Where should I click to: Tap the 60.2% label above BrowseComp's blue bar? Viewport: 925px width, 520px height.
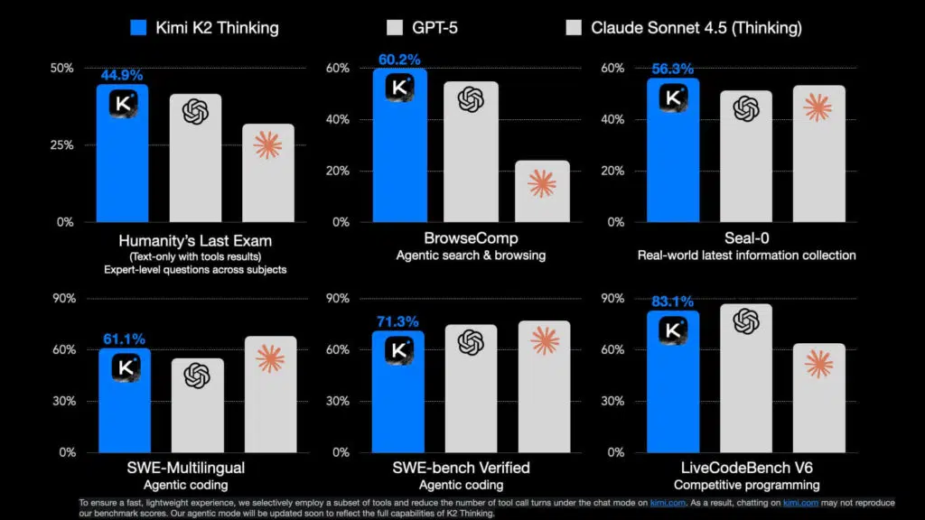tap(399, 60)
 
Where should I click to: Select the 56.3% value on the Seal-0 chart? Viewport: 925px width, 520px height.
tap(672, 69)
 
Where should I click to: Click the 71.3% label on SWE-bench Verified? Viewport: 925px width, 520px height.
tap(398, 321)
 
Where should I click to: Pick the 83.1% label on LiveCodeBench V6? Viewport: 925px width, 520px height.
tap(672, 302)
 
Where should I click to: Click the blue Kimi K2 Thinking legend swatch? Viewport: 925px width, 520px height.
tap(138, 27)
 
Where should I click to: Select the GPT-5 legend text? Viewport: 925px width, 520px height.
tap(435, 27)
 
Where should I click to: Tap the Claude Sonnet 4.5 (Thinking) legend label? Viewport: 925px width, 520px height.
tap(696, 27)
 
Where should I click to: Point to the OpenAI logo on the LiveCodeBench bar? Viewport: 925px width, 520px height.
tap(745, 321)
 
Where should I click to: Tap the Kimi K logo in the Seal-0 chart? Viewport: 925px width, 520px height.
tap(672, 98)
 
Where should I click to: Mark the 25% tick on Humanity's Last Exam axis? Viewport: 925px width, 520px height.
tap(61, 145)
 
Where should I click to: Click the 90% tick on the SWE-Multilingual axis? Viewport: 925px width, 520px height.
tap(61, 299)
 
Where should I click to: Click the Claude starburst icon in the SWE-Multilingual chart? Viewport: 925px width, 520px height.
tap(269, 358)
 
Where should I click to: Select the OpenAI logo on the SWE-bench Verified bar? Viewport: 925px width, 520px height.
tap(471, 342)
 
